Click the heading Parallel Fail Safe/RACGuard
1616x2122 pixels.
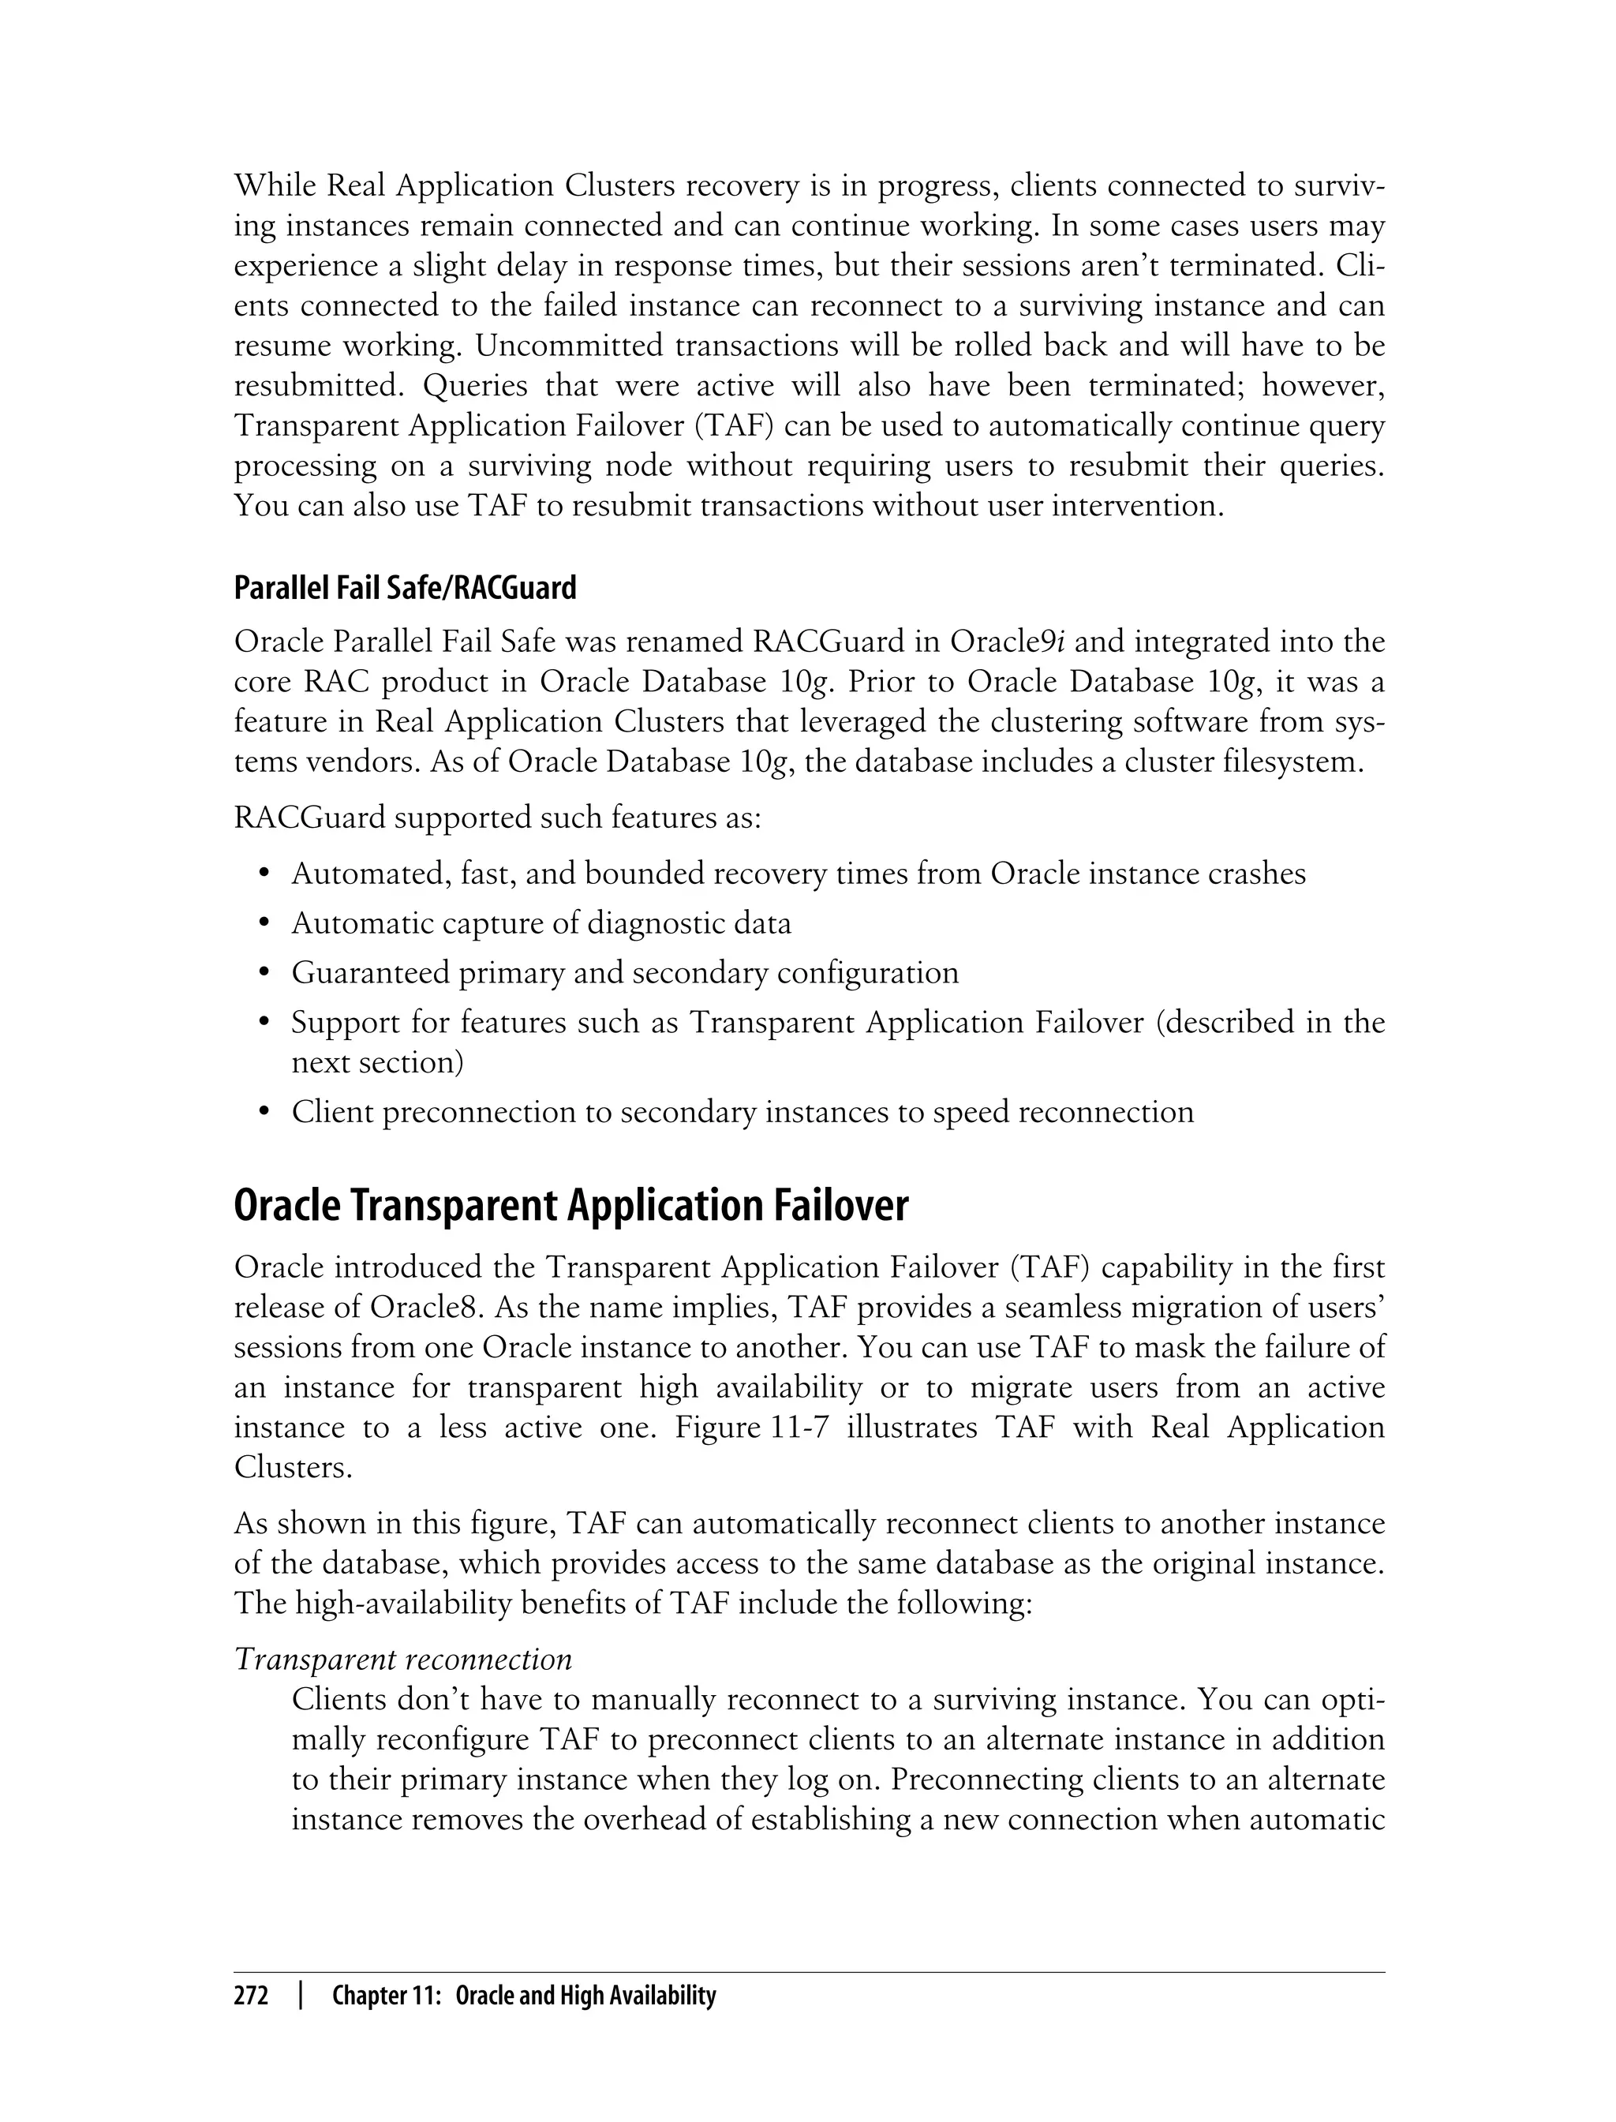(405, 588)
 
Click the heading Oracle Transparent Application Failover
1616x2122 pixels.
(570, 1207)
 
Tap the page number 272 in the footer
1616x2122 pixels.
(251, 1996)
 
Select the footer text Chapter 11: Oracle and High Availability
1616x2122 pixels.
(523, 1996)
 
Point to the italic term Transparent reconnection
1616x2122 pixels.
(403, 1660)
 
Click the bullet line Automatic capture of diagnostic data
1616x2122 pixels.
(541, 923)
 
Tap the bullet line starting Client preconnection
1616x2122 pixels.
(742, 1112)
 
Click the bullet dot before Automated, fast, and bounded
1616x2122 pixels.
(264, 874)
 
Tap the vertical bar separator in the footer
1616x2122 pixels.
(300, 1996)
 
